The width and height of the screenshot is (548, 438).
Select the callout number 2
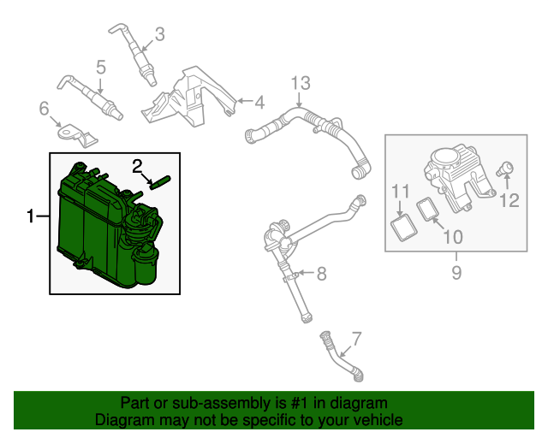point(138,164)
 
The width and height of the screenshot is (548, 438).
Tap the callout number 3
point(158,35)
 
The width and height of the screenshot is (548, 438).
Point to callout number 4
point(259,103)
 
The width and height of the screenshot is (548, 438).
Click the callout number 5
point(100,67)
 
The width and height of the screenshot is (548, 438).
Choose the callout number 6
point(44,108)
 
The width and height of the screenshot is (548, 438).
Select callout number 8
point(321,274)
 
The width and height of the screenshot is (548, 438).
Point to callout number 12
point(509,201)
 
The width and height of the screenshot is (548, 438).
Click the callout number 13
point(299,83)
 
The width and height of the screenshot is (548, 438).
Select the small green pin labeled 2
point(160,181)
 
